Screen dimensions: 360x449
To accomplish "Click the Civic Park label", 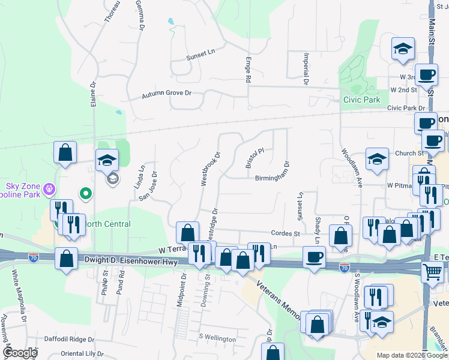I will tap(361, 100).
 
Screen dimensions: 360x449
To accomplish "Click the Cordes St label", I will tap(285, 233).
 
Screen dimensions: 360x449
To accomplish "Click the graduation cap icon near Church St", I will tap(377, 159).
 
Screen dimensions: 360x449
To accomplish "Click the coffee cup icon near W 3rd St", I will tap(427, 74).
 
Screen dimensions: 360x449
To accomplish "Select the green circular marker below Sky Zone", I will tap(85, 194).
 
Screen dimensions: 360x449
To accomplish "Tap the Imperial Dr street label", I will tap(306, 68).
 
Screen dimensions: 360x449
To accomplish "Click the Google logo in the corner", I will tap(20, 353).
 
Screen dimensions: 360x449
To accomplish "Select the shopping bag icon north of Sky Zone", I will tap(65, 152).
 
